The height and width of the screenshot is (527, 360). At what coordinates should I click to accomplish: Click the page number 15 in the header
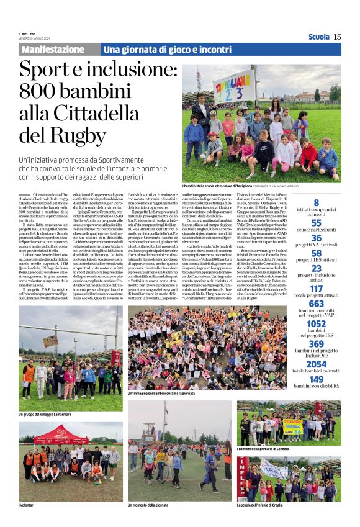[337, 37]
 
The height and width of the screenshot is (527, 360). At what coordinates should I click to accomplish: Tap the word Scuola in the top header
[318, 37]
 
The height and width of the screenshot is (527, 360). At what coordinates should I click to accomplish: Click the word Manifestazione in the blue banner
[53, 49]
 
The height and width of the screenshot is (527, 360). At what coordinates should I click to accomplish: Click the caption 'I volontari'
[27, 505]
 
